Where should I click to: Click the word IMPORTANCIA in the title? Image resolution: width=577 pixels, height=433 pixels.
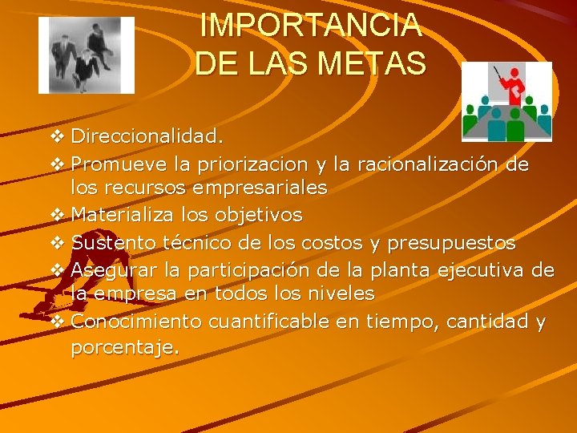click(311, 26)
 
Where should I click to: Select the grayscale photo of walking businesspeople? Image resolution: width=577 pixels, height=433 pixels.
click(87, 55)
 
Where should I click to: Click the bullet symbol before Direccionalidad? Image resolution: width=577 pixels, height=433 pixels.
click(55, 137)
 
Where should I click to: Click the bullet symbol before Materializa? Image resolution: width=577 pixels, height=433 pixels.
click(55, 215)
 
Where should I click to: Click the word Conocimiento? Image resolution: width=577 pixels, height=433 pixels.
click(136, 322)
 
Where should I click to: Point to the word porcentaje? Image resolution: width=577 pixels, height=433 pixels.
click(125, 348)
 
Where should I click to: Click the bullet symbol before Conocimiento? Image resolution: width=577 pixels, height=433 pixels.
click(55, 322)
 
